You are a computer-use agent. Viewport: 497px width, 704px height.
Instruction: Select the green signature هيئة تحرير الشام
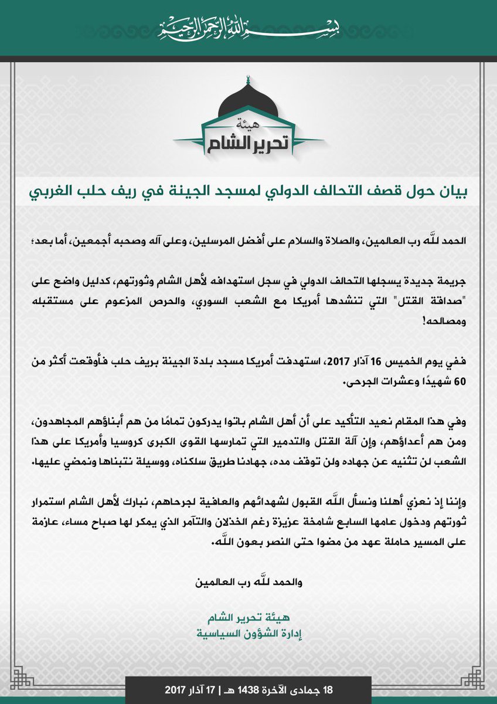click(248, 618)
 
